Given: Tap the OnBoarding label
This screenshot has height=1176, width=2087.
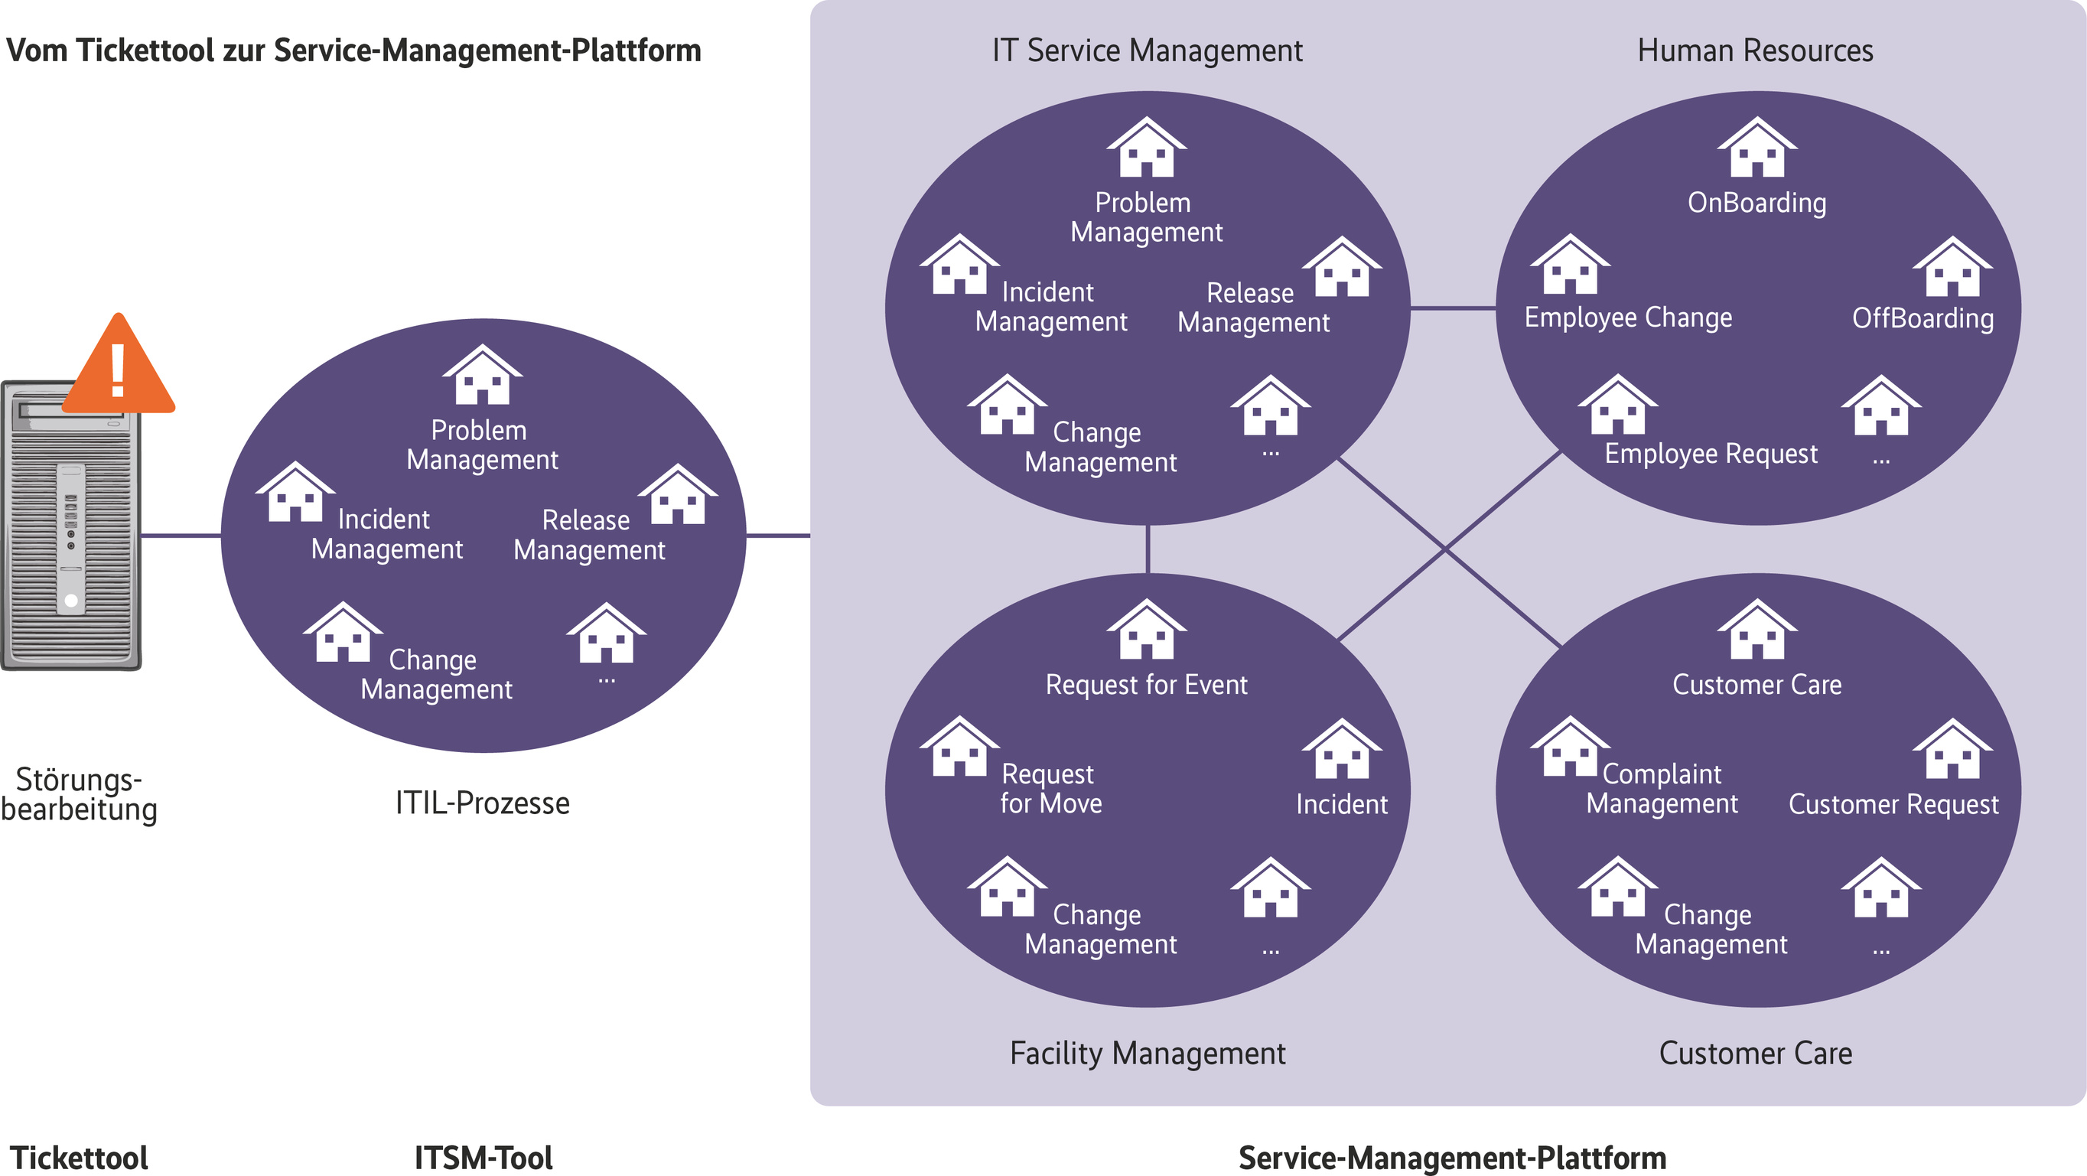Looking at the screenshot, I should click(x=1757, y=203).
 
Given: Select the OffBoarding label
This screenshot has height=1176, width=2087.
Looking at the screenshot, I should click(x=1923, y=318).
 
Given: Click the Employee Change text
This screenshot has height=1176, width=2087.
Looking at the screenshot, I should click(x=1628, y=317).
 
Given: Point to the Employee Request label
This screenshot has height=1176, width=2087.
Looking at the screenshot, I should click(x=1711, y=453).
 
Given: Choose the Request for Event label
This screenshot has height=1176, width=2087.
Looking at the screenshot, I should click(x=1146, y=685).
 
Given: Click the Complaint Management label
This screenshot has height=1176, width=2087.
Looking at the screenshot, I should click(x=1662, y=789).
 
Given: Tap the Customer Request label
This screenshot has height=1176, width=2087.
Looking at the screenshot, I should click(x=1893, y=804).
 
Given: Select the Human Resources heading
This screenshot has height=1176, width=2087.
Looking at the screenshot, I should click(x=1755, y=50).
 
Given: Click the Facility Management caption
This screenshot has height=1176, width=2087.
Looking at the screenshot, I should click(x=1148, y=1053).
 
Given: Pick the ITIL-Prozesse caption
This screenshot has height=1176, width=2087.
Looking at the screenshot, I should click(x=483, y=803).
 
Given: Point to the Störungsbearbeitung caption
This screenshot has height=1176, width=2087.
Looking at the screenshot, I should click(x=80, y=794).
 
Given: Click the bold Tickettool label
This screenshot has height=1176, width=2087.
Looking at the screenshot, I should click(x=79, y=1158).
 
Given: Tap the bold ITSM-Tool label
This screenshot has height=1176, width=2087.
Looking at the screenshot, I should click(x=483, y=1158).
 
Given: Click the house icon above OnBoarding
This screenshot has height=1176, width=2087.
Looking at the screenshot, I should click(x=1757, y=148).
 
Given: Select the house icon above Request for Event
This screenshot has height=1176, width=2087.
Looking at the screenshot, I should click(x=1146, y=630).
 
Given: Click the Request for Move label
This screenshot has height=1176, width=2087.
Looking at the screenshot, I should click(x=1050, y=789).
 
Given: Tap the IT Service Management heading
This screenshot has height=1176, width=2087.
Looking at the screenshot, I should click(x=1148, y=50).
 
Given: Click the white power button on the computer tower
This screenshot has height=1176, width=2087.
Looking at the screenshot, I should click(x=71, y=601).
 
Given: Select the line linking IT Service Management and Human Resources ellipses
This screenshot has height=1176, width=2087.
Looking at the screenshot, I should click(x=1453, y=308).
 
